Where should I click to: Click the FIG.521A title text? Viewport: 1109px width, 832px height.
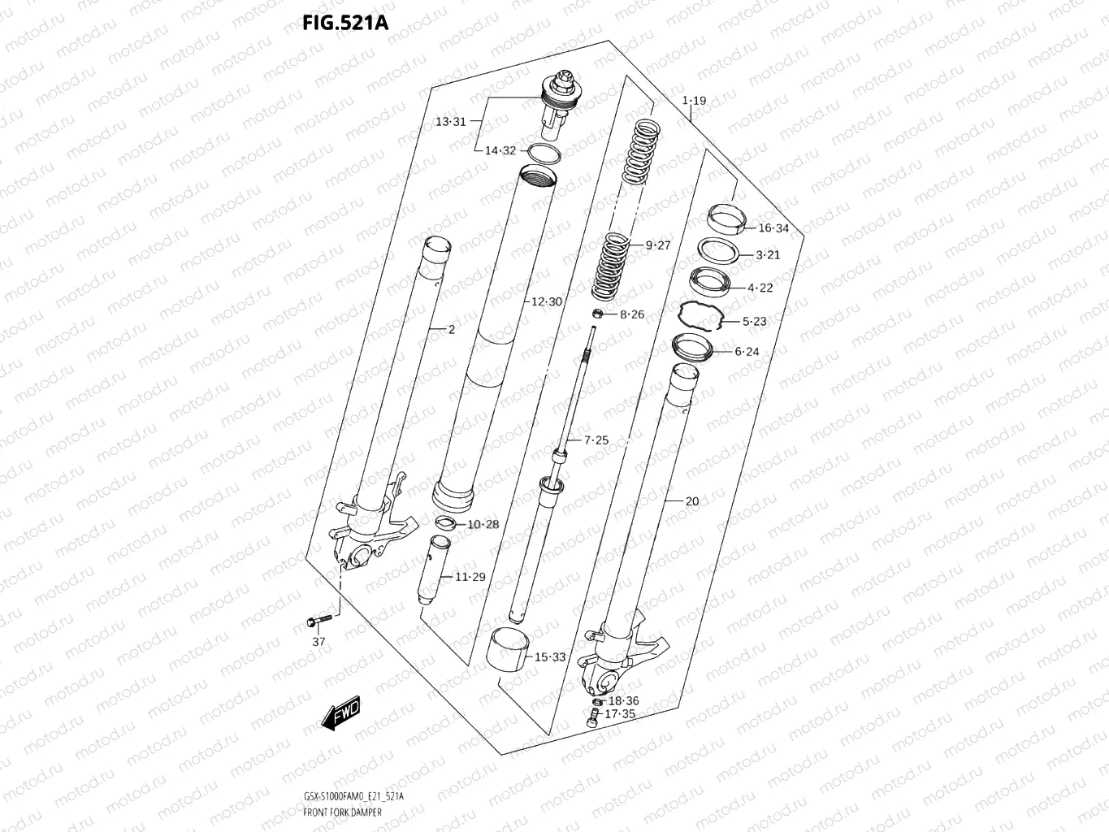pos(345,23)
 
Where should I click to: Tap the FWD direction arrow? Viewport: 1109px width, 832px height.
pos(340,713)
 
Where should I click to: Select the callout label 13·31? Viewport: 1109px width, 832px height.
pos(450,122)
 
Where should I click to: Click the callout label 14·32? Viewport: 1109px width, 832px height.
pos(500,150)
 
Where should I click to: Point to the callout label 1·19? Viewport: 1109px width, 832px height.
pos(694,101)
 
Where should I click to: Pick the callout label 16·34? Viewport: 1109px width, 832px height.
pos(773,228)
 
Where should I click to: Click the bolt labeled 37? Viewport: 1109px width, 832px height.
pos(318,622)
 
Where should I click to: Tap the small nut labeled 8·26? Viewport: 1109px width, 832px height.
pos(596,314)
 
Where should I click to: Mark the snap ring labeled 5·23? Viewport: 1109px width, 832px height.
pos(701,317)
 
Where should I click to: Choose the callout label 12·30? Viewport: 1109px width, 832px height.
pos(547,301)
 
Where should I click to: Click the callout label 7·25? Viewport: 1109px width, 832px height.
pos(596,440)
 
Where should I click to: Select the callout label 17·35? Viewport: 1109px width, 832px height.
pos(620,714)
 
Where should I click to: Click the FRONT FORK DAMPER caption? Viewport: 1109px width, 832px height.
pos(341,812)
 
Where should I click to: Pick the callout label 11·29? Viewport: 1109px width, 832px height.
pos(470,577)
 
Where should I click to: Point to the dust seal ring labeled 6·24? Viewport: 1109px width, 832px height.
pos(692,348)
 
